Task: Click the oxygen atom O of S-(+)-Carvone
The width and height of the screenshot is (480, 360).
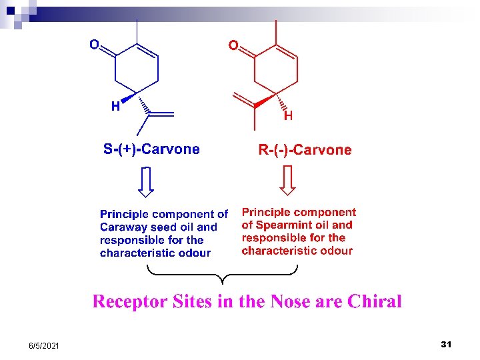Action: pyautogui.click(x=94, y=45)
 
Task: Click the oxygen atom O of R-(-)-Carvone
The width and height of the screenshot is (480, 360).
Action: pyautogui.click(x=233, y=45)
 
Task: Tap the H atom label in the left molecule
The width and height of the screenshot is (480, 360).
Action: pyautogui.click(x=115, y=106)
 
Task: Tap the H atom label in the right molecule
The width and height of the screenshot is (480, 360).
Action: pyautogui.click(x=288, y=116)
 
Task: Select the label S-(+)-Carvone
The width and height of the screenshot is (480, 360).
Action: pyautogui.click(x=151, y=149)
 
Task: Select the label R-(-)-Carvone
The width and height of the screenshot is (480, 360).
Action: pyautogui.click(x=305, y=150)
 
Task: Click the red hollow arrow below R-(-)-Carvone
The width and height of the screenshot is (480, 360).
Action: pyautogui.click(x=287, y=180)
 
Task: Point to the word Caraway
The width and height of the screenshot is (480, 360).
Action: pyautogui.click(x=120, y=227)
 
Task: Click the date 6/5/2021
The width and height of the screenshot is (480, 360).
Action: pyautogui.click(x=43, y=345)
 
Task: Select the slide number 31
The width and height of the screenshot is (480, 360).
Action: pyautogui.click(x=447, y=344)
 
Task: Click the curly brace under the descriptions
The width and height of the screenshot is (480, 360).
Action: pyautogui.click(x=222, y=273)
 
